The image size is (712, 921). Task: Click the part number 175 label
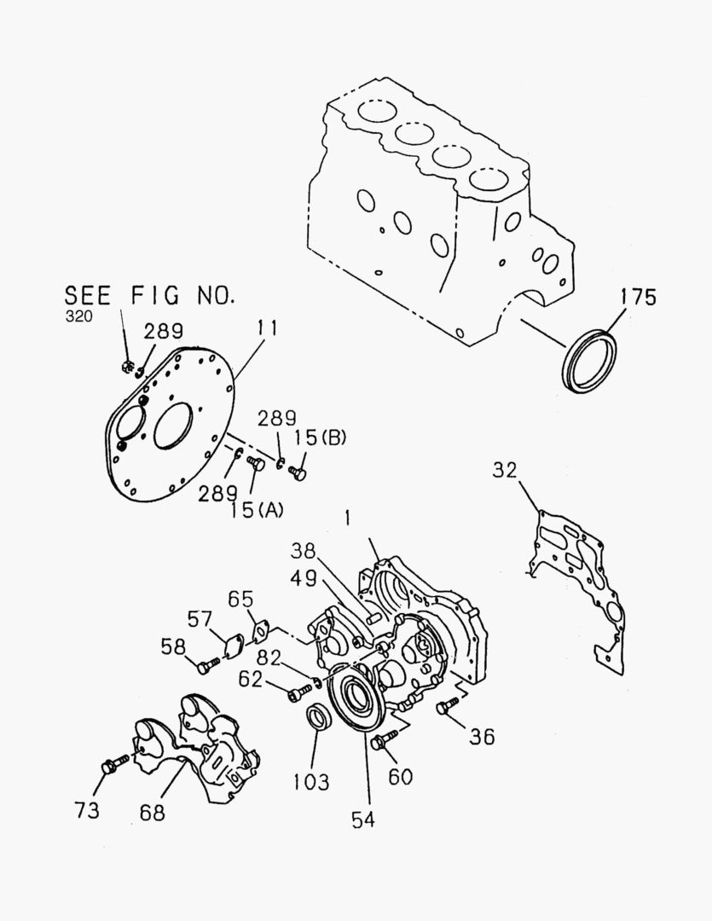tap(638, 297)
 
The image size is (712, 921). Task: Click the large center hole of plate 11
tap(173, 424)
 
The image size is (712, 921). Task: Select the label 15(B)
tap(321, 437)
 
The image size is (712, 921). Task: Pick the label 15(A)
tap(258, 510)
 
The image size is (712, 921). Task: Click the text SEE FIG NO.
tap(149, 296)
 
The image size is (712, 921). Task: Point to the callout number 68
tap(152, 812)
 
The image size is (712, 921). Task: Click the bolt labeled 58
tap(207, 663)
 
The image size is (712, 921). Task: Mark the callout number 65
tap(240, 598)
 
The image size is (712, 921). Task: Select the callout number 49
tap(304, 578)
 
